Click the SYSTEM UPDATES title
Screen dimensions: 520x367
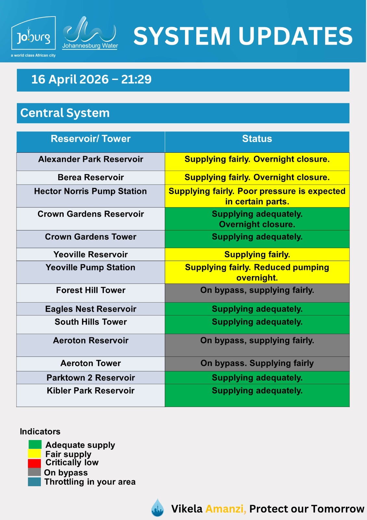click(x=243, y=36)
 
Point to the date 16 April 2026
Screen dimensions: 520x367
click(x=70, y=79)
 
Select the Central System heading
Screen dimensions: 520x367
click(x=65, y=113)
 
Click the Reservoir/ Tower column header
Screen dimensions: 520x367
click(x=91, y=139)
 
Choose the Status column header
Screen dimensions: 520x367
click(x=257, y=139)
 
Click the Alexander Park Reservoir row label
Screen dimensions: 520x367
click(x=91, y=159)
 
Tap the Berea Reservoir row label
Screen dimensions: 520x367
click(x=91, y=177)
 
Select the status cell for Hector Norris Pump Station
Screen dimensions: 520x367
click(x=257, y=196)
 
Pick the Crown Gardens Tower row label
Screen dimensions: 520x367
click(x=91, y=237)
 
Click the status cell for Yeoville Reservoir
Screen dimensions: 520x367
click(x=257, y=254)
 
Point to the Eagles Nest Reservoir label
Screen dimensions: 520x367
click(x=91, y=309)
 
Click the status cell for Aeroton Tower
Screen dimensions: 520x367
click(x=257, y=363)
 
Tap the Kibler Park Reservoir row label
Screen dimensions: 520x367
click(x=91, y=391)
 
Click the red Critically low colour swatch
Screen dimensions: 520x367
click(x=34, y=463)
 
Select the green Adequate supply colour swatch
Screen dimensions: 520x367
click(x=35, y=444)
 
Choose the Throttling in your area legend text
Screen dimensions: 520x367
click(x=90, y=482)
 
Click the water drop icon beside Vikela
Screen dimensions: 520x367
click(x=158, y=508)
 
